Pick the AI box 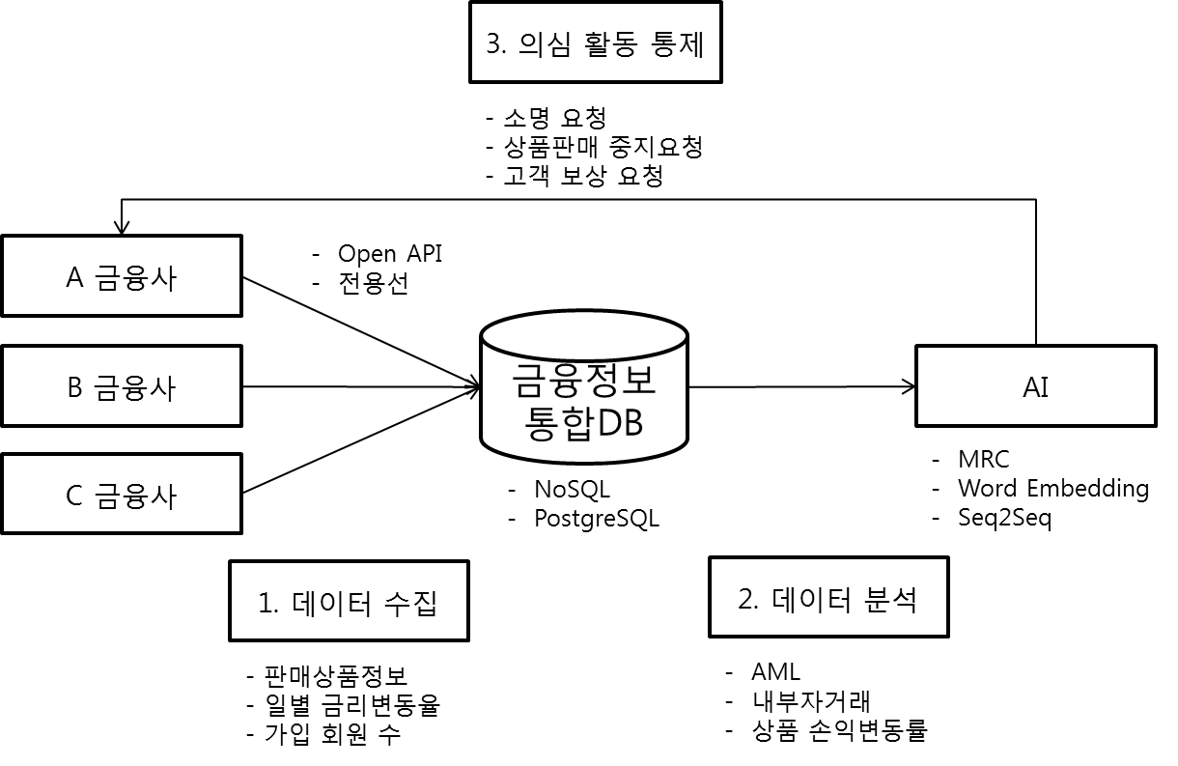(x=1035, y=386)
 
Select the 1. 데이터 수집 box (x=349, y=602)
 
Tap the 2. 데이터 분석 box (x=827, y=598)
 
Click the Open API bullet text (x=389, y=253)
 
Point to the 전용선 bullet (x=373, y=284)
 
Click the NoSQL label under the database (x=572, y=489)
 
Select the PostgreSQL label (x=596, y=519)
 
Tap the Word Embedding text (x=1052, y=489)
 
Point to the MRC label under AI (x=983, y=459)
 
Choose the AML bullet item (x=774, y=671)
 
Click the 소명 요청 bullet (x=554, y=119)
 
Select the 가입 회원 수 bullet (x=332, y=734)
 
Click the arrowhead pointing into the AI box (x=909, y=386)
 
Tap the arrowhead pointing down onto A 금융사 (x=120, y=228)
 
